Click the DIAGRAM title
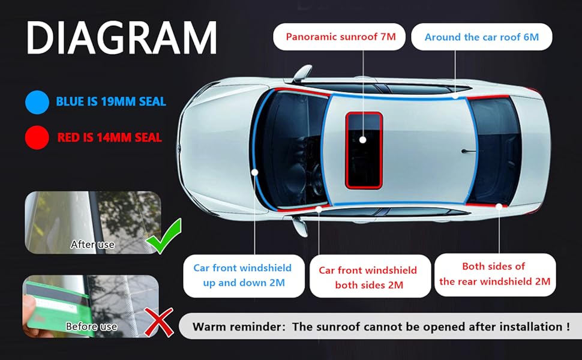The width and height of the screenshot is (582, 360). tap(121, 38)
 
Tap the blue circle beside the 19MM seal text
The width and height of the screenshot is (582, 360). tap(37, 102)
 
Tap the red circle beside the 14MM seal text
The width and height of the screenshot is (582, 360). tap(37, 137)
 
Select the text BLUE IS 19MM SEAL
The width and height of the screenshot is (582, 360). tap(111, 101)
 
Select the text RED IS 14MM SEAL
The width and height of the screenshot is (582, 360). tap(109, 137)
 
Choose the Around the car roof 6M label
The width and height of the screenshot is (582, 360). tap(481, 37)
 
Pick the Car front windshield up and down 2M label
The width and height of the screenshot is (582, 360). tap(244, 275)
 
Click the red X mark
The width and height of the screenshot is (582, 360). tap(158, 322)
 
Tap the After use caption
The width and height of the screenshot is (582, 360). tap(92, 244)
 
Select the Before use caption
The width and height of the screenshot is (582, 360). tap(91, 326)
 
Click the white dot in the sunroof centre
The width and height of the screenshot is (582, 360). tap(363, 140)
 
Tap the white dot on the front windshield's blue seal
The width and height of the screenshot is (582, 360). tap(254, 172)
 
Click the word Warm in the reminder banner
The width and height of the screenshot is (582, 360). tap(210, 326)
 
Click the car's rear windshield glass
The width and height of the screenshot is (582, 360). tap(496, 151)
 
